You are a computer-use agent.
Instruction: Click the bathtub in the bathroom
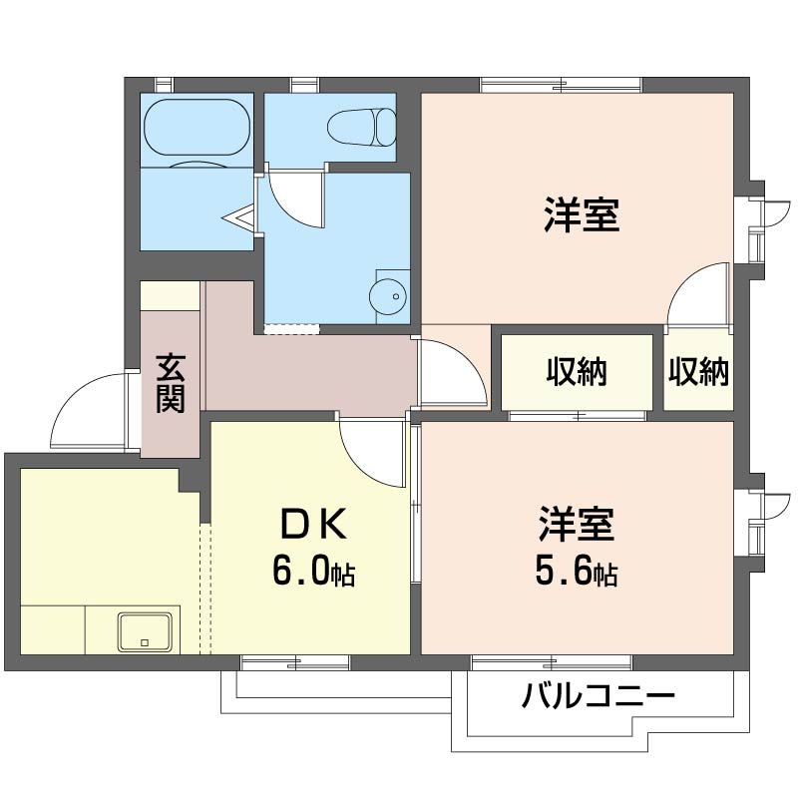[197, 130]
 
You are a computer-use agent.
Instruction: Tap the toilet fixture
[362, 127]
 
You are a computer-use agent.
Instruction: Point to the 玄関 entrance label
[171, 384]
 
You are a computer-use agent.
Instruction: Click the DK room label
[311, 522]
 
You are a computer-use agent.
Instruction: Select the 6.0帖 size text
[313, 571]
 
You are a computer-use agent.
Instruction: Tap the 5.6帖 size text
[576, 571]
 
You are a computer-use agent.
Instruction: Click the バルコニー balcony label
[598, 694]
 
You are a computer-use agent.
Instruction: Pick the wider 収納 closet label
[577, 373]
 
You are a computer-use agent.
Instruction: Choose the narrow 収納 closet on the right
[698, 373]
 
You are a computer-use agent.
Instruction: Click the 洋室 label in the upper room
[582, 215]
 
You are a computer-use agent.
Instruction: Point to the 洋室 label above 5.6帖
[577, 523]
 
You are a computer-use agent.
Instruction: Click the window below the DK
[295, 661]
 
